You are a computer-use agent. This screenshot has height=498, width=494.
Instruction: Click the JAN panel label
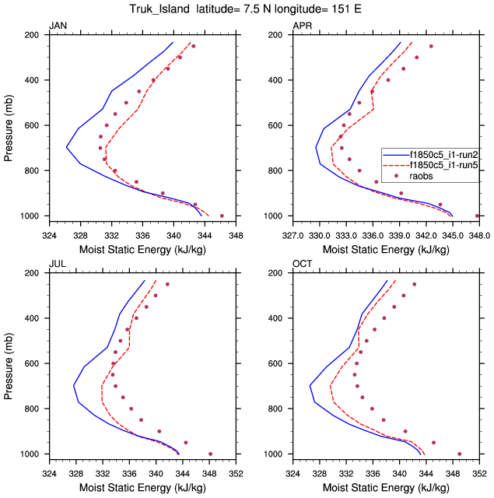58,26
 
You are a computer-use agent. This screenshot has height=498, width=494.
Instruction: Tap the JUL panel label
57,265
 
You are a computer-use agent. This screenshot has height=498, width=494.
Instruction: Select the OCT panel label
302,265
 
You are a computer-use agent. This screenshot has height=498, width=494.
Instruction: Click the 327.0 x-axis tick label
293,233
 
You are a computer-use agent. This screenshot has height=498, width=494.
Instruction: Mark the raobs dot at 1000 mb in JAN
222,216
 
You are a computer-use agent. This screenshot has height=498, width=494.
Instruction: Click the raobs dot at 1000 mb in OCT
460,454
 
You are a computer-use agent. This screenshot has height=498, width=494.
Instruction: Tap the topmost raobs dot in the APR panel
431,46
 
